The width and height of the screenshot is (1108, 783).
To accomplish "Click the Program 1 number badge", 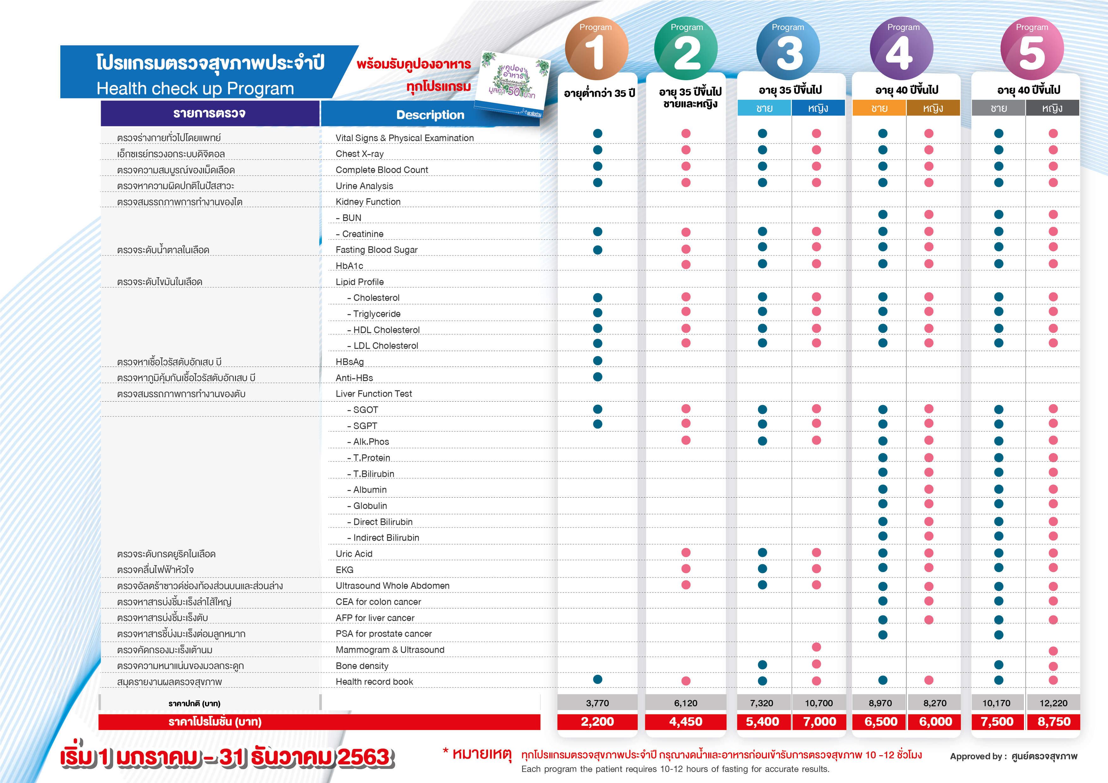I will point(596,49).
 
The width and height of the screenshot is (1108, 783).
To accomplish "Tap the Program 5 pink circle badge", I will point(1032,49).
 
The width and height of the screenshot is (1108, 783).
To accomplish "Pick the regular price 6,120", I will point(685,703).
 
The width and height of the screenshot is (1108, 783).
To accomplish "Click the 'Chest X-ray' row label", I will point(359,154).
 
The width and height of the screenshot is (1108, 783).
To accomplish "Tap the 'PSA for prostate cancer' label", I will point(384,633).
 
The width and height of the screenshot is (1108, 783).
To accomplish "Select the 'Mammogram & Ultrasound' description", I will point(390,650).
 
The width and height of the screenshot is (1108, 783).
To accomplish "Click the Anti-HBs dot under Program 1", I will point(598,377).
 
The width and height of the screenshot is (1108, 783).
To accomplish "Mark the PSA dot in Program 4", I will point(882,634).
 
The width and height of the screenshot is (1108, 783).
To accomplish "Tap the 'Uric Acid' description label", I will point(354,554).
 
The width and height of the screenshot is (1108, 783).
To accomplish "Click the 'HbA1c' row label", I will point(349,266).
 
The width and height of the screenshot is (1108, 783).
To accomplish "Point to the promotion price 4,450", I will point(685,722).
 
